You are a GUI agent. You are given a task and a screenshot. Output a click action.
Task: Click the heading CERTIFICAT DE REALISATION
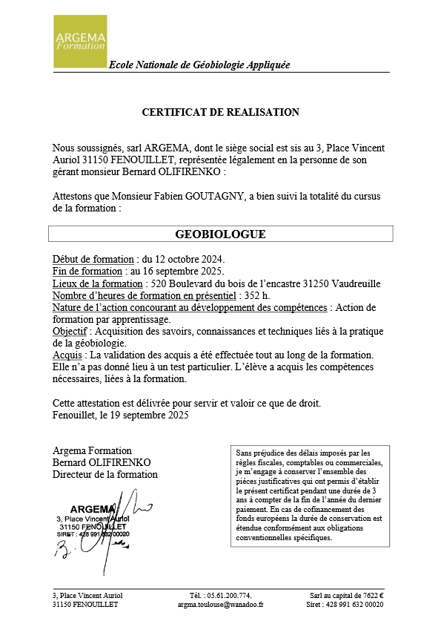220,112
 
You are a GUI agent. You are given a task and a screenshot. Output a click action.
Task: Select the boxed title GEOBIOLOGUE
220,234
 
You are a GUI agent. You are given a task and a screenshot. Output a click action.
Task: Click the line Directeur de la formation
105,474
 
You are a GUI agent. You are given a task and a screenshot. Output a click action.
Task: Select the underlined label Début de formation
93,260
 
